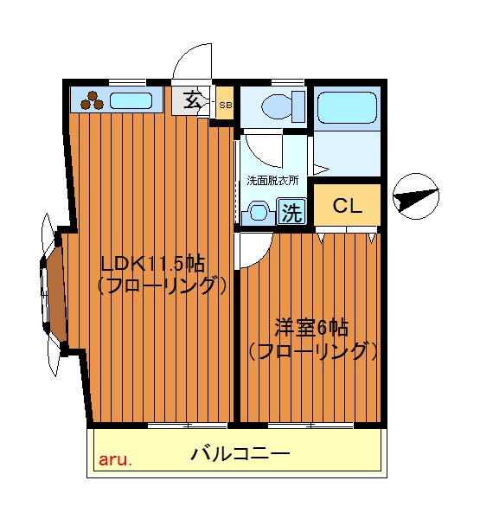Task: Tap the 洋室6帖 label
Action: click(311, 328)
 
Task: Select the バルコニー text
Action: click(240, 452)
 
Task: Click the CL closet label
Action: click(347, 206)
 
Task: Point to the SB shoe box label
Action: click(225, 106)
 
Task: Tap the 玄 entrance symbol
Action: click(194, 100)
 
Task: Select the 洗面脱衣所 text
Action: click(272, 182)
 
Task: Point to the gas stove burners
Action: click(93, 101)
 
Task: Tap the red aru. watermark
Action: click(115, 459)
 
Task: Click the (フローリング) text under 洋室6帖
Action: click(312, 350)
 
